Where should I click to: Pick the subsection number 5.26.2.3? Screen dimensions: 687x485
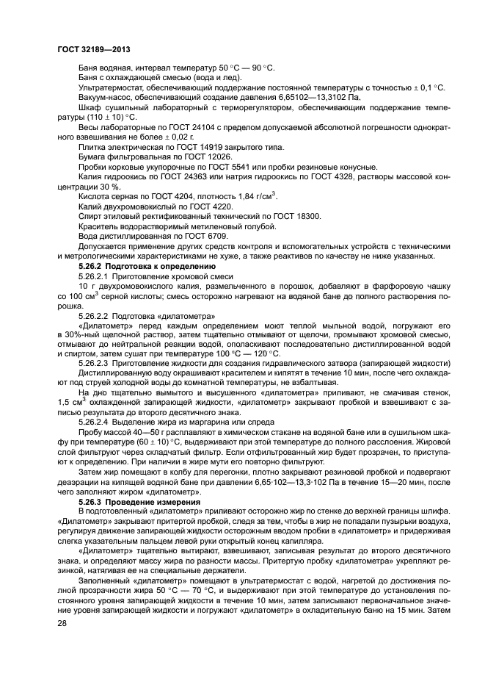[96, 363]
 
